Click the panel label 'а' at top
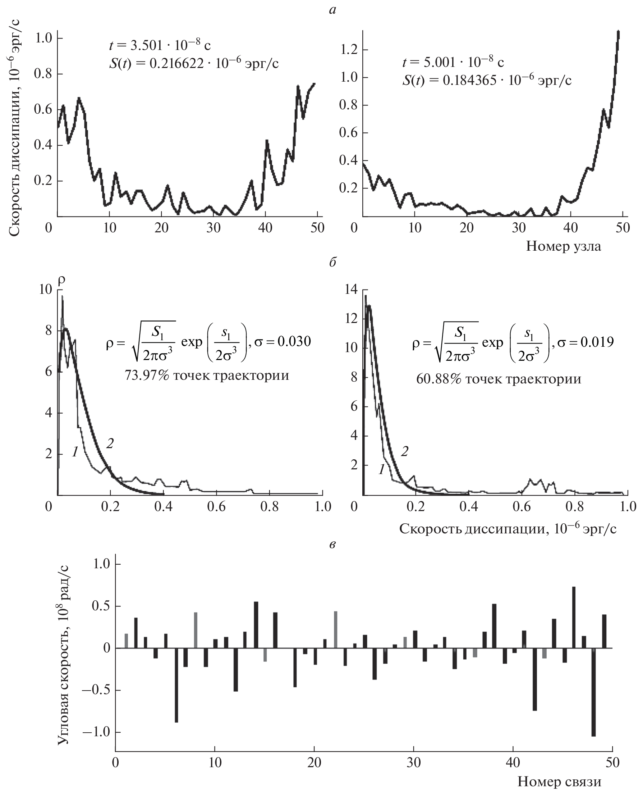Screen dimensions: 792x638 tap(332, 10)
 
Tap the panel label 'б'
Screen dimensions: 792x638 tap(332, 262)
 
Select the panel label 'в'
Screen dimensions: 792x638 tap(332, 545)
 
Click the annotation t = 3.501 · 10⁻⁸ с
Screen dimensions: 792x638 tap(160, 45)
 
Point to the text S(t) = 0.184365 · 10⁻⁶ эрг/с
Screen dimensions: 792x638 tap(487, 80)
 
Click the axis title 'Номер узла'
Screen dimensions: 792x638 tap(563, 246)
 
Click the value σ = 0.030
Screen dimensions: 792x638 tap(283, 341)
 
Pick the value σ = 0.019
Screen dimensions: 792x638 tap(586, 342)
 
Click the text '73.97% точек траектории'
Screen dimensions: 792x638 tap(207, 375)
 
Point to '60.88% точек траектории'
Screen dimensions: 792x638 tap(498, 378)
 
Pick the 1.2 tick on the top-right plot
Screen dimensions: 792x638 tap(349, 50)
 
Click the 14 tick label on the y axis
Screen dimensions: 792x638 tap(351, 290)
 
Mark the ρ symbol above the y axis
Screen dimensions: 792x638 tap(62, 280)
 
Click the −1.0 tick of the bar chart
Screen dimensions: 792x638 tap(97, 732)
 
